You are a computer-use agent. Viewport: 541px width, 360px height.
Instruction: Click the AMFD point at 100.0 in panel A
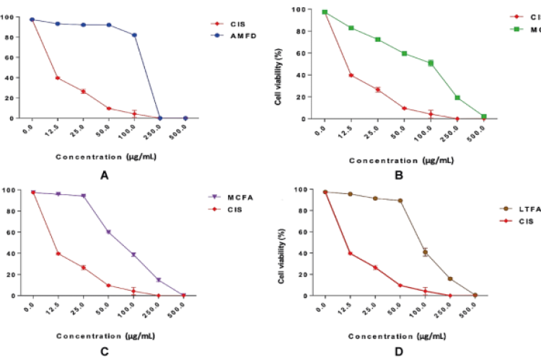(134, 35)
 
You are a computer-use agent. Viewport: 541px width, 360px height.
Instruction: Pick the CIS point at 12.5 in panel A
(57, 78)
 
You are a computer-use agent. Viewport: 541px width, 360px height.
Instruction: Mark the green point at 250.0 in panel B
(457, 97)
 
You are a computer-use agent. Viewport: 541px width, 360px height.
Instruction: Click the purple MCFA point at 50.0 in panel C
(108, 232)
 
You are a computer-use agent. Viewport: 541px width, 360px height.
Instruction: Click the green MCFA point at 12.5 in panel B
(351, 28)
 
